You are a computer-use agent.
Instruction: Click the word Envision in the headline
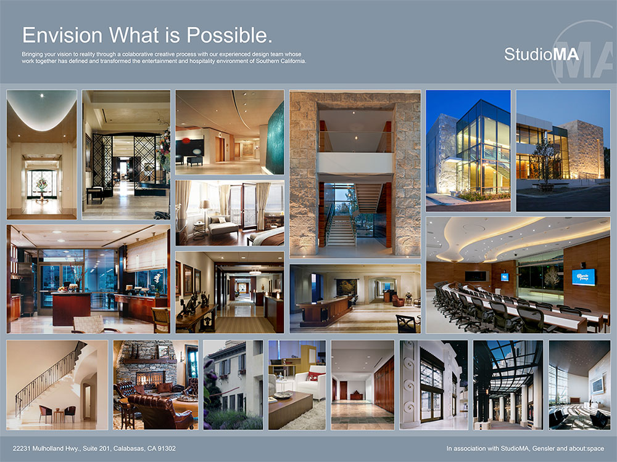[62, 35]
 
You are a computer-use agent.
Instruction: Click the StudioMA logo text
[542, 54]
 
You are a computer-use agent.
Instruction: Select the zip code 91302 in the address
[167, 448]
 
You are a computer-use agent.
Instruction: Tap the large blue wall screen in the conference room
[583, 277]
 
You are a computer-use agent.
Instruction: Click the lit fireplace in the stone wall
[149, 378]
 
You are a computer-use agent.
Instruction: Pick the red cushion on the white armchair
[313, 377]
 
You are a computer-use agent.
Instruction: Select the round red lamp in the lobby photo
[186, 140]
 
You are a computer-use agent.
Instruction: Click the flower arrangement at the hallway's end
[41, 184]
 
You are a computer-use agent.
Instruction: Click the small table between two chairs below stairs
[59, 415]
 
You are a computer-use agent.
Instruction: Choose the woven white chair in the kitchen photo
[88, 324]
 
